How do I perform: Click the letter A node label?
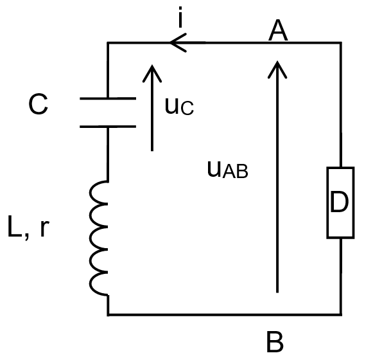click(x=278, y=30)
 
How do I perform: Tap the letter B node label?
click(x=275, y=342)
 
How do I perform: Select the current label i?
click(x=180, y=17)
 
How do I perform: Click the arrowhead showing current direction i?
click(x=178, y=42)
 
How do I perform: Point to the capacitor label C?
click(x=39, y=104)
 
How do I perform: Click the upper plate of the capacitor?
click(x=108, y=98)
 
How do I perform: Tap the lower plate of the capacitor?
click(x=108, y=127)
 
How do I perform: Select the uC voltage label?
click(x=179, y=106)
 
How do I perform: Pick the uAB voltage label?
click(x=227, y=169)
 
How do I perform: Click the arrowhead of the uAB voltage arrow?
click(x=277, y=69)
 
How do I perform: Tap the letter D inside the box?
click(x=339, y=202)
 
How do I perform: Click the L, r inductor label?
click(x=29, y=226)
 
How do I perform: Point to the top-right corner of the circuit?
click(x=340, y=42)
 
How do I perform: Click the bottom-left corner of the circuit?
click(x=108, y=314)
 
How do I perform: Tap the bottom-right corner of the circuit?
click(x=340, y=314)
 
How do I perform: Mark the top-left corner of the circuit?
click(x=108, y=42)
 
